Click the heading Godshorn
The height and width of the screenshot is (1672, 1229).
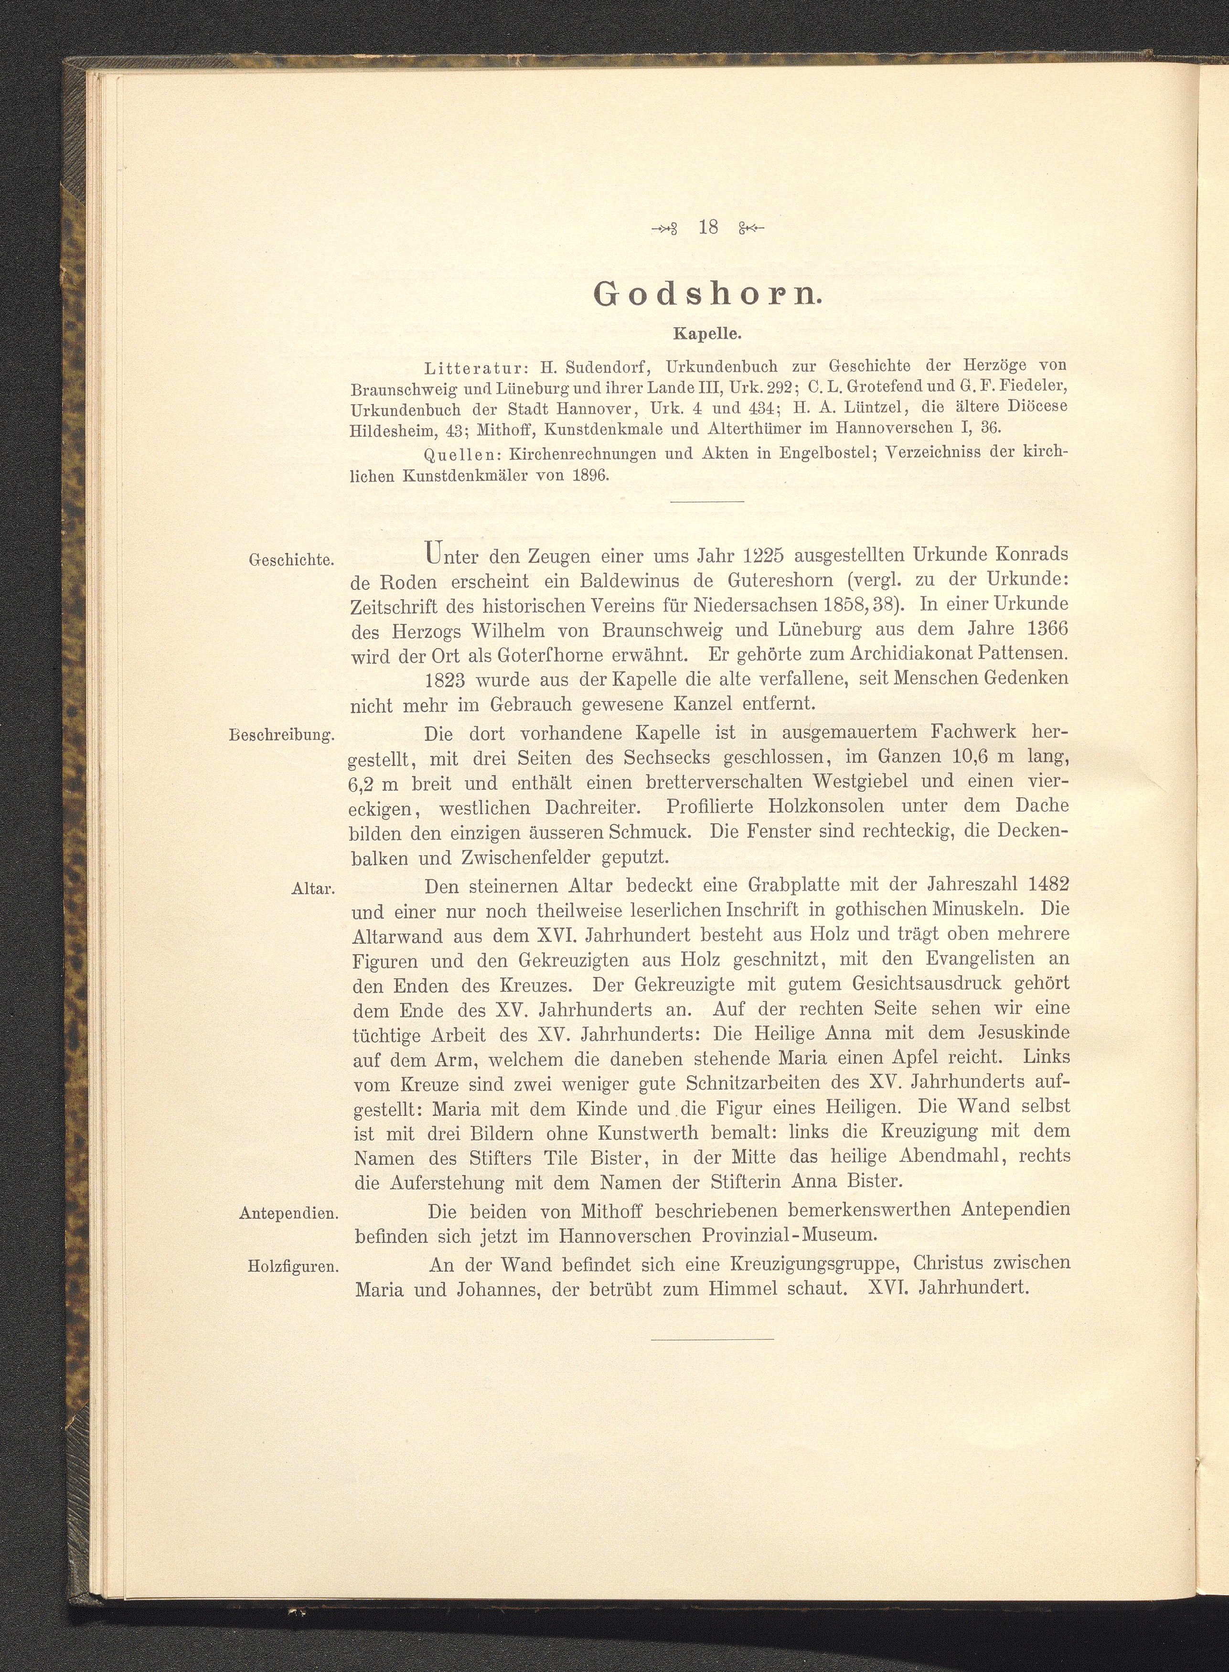708,295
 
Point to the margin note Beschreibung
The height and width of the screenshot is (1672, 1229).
283,736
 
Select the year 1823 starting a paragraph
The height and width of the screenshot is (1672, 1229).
444,679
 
